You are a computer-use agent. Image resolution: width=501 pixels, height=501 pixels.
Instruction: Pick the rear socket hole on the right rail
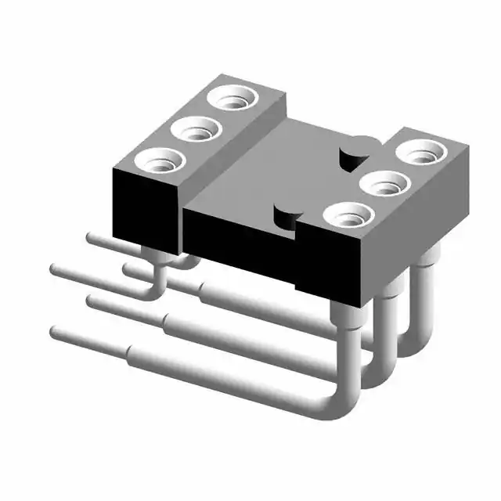424,150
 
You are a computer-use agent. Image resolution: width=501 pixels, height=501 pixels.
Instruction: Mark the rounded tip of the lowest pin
55,333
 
